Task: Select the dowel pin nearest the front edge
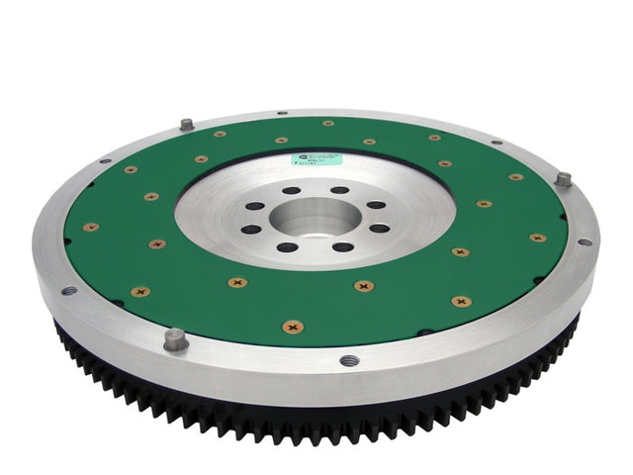pos(174,338)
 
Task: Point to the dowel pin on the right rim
pos(563,179)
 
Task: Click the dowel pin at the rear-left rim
pos(185,125)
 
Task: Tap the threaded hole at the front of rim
pos(348,360)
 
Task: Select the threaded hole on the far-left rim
pos(68,291)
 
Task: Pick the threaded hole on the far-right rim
pos(585,241)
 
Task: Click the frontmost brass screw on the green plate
pos(293,326)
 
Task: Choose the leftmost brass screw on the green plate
pos(90,227)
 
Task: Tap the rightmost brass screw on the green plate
pos(537,237)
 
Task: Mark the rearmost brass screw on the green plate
pos(327,124)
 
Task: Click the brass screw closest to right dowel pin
pos(515,177)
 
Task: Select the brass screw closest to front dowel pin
pos(140,292)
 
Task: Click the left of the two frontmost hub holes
pos(287,245)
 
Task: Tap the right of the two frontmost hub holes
pos(343,246)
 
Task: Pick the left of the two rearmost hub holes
pos(292,191)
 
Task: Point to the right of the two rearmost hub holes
pos(339,190)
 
